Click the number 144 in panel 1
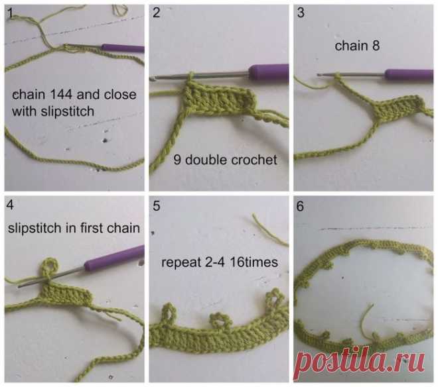[61, 95]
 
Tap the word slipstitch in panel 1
[67, 111]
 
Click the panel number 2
[157, 13]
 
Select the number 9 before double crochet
[177, 160]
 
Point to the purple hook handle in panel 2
[269, 72]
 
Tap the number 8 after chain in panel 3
[376, 46]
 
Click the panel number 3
[301, 13]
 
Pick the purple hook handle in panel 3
[409, 75]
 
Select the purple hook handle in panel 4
[115, 259]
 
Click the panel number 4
[10, 205]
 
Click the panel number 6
[300, 206]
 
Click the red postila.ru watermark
[360, 362]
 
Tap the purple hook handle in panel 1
[123, 48]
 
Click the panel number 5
[157, 206]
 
